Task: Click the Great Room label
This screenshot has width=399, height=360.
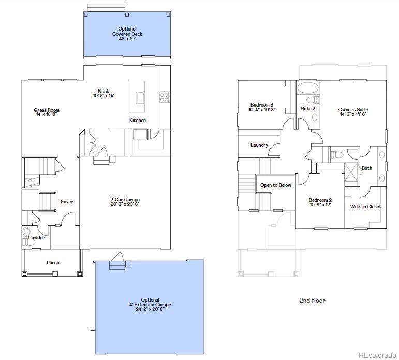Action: coord(47,112)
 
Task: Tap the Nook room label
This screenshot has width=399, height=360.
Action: coord(104,93)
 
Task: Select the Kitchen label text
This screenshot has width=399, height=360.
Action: coord(138,121)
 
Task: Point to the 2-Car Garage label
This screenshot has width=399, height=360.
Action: coord(125,202)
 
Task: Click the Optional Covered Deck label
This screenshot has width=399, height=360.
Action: coord(127,34)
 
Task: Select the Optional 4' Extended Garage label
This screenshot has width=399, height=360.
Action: coord(150,305)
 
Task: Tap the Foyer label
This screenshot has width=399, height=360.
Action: coord(67,202)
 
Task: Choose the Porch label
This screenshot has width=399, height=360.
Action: coord(53,263)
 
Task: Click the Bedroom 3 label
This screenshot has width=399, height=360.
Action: coord(262,107)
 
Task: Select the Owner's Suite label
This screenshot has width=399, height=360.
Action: coord(353,112)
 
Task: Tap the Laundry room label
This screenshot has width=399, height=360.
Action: coord(259,145)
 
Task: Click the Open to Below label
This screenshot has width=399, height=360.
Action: coord(275,185)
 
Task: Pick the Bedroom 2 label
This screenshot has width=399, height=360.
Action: coord(320,202)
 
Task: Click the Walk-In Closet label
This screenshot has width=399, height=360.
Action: coord(365,207)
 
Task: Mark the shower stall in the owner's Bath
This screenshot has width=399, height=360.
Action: coord(351,171)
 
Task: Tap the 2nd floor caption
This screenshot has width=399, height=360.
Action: coord(312,301)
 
